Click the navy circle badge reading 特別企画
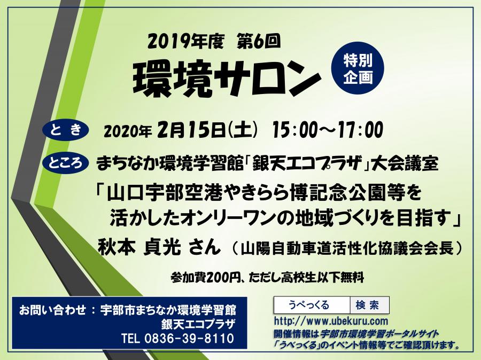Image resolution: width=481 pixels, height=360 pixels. pos(358,67)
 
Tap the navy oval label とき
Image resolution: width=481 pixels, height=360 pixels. pos(65,130)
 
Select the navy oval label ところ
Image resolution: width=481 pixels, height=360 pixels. pos(66,162)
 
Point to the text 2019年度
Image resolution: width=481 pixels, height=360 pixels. pos(186,42)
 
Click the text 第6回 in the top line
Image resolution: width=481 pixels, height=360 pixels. pos(259,42)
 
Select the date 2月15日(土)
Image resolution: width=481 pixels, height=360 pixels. pos(207,130)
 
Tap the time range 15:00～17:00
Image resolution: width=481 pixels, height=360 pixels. pos(328,130)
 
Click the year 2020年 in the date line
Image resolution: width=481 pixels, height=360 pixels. pos(128,131)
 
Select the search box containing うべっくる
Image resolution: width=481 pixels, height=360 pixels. pos(312,305)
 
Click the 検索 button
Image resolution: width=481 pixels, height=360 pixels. pos(370,305)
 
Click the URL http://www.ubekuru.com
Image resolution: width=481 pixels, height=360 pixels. pos(331,322)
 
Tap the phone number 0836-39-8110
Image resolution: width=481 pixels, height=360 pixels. pos(189,339)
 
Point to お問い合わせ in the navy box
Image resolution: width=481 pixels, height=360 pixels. pos(52,310)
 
